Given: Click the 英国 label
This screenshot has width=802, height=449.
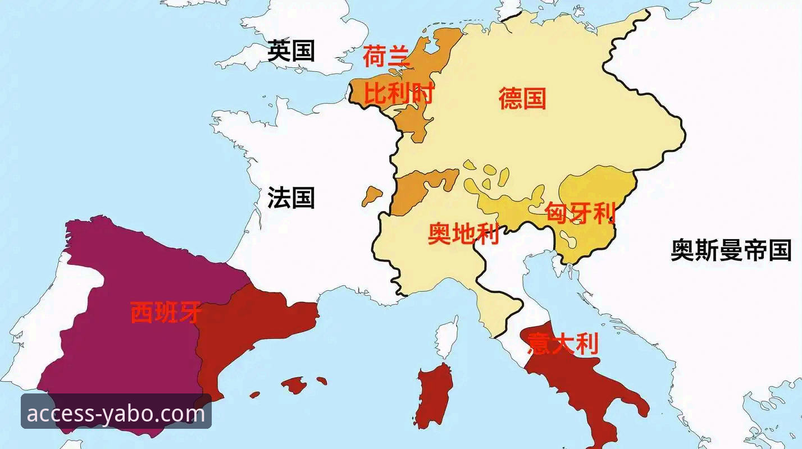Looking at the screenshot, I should coord(290,51).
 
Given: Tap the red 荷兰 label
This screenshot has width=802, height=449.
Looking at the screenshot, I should coord(387,56).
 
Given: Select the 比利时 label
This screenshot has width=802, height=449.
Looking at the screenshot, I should coord(399,93).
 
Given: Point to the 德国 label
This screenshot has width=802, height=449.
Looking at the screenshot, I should coord(522,99).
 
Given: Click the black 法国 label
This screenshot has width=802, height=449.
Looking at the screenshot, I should coord(290,198).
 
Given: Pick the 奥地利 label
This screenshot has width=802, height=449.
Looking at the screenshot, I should coord(463,234).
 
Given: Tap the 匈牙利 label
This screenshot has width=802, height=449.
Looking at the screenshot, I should coord(581,213).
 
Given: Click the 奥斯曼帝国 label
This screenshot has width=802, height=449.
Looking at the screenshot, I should coord(731,250).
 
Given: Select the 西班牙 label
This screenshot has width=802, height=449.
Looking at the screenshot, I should coord(166,313).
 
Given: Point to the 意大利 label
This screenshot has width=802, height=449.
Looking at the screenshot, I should coord(563,343).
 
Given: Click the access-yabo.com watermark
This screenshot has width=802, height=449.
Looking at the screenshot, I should coord(116,414).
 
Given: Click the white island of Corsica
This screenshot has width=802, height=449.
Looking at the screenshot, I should coord(447,337).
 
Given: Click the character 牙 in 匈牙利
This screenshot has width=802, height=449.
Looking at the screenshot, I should coord(581,213).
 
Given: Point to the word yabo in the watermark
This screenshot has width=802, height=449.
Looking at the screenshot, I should coord(127,414).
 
